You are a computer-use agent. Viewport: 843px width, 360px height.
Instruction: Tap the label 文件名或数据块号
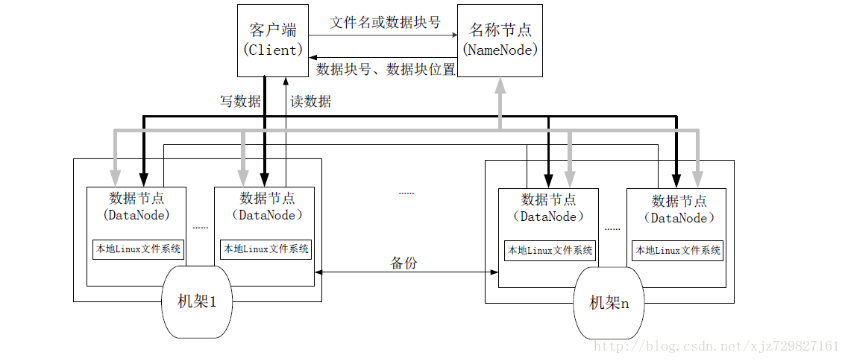(x=385, y=21)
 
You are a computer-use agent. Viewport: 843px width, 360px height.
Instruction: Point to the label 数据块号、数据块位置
(x=386, y=69)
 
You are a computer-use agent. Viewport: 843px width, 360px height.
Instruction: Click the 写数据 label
(x=240, y=101)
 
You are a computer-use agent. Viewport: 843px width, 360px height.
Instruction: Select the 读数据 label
(x=311, y=101)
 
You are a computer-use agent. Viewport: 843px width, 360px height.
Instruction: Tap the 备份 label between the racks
(x=404, y=261)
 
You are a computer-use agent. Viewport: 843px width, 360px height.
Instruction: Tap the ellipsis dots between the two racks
(x=407, y=191)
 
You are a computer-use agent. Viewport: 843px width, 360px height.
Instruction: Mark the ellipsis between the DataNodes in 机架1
(x=200, y=227)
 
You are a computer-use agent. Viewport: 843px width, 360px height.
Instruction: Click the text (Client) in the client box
(x=271, y=50)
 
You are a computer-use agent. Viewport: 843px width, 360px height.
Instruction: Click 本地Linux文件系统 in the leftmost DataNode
(x=138, y=248)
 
